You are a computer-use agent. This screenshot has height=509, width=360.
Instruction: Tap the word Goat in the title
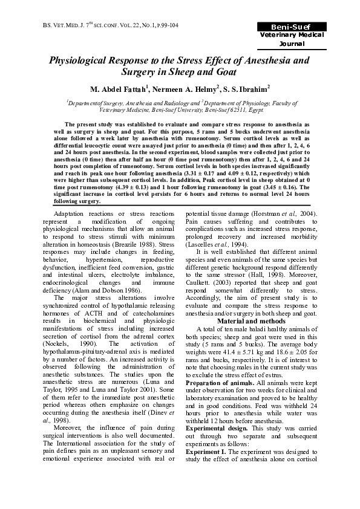point(223,73)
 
